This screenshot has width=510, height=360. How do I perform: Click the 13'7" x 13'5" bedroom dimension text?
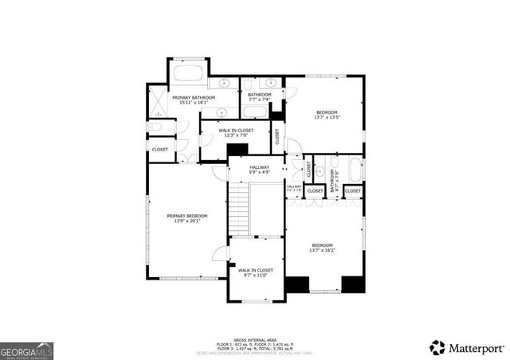(327, 117)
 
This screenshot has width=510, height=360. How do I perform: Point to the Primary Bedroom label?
(187, 216)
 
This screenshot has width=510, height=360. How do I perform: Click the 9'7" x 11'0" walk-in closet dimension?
(256, 276)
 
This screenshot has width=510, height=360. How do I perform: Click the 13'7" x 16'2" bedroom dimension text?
(323, 250)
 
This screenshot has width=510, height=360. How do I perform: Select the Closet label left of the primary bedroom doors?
(159, 149)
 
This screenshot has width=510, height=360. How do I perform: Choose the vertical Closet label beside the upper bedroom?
(277, 137)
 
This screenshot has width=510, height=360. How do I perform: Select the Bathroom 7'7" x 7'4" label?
(260, 95)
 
